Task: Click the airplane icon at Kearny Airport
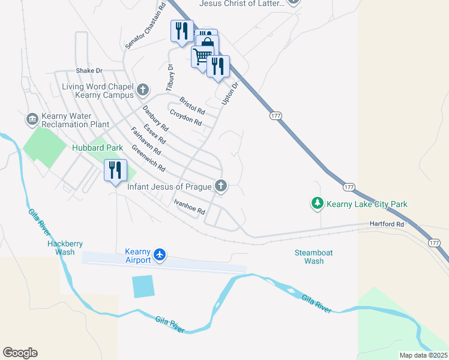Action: (160, 254)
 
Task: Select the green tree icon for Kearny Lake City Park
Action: (317, 204)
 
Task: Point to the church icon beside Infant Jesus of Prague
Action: (221, 186)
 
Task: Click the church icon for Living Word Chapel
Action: (142, 90)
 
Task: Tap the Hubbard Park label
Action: (97, 148)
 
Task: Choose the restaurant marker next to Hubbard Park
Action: (114, 171)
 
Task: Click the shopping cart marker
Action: (202, 56)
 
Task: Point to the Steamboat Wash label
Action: (314, 257)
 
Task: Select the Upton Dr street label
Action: (231, 94)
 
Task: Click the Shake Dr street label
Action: (89, 70)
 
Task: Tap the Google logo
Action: (20, 353)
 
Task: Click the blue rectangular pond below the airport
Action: (143, 286)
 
